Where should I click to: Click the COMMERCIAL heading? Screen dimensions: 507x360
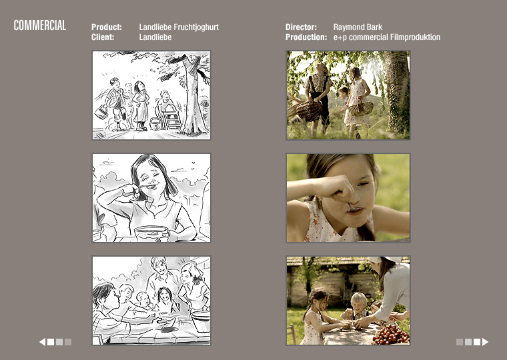pyautogui.click(x=40, y=25)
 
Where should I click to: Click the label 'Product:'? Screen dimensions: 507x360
pyautogui.click(x=106, y=27)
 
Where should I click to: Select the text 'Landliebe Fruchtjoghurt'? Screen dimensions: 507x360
pyautogui.click(x=179, y=27)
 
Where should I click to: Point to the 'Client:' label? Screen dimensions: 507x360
pyautogui.click(x=103, y=37)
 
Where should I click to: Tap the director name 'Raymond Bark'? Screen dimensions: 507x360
pyautogui.click(x=358, y=27)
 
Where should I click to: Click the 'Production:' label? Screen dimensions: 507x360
pyautogui.click(x=306, y=37)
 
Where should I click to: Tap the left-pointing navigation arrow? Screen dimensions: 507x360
pyautogui.click(x=42, y=342)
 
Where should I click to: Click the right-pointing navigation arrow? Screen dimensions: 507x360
pyautogui.click(x=486, y=342)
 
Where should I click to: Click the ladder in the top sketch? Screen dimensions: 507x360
pyautogui.click(x=171, y=119)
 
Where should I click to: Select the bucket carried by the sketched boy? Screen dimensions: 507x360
pyautogui.click(x=101, y=112)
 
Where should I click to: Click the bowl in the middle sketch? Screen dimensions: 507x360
pyautogui.click(x=151, y=233)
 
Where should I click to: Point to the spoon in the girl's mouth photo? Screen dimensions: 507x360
pyautogui.click(x=354, y=208)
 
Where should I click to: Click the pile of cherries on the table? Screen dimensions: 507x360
pyautogui.click(x=391, y=335)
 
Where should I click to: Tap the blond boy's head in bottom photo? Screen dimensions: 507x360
pyautogui.click(x=359, y=301)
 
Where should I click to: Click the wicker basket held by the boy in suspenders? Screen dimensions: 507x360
pyautogui.click(x=309, y=111)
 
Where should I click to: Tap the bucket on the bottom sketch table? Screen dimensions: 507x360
pyautogui.click(x=201, y=321)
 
